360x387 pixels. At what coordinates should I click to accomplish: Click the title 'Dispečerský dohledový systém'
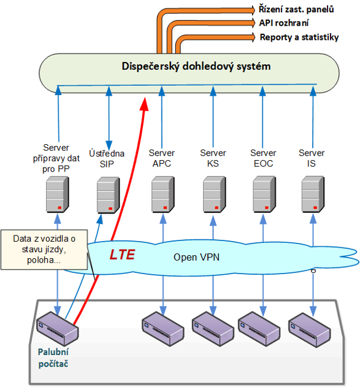[x=196, y=66]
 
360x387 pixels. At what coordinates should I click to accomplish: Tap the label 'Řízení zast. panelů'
[x=296, y=9]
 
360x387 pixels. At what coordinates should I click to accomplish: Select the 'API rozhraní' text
[x=283, y=23]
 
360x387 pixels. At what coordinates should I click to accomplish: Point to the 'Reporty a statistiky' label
[x=299, y=37]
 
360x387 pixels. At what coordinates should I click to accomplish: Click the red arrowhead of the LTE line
[x=144, y=104]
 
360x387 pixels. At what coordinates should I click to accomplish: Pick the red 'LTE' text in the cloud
[x=122, y=255]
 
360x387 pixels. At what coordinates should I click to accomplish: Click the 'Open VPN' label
[x=196, y=257]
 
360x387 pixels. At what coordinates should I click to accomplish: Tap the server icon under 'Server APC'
[x=163, y=194]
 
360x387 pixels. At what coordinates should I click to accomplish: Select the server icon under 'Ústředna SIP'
[x=108, y=195]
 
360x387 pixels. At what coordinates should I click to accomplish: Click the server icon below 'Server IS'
[x=313, y=194]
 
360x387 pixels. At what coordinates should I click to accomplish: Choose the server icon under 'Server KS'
[x=214, y=194]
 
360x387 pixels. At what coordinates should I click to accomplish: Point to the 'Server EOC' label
[x=263, y=158]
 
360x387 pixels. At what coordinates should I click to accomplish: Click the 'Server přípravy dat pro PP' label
[x=56, y=158]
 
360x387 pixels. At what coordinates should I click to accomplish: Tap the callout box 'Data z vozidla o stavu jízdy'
[x=44, y=250]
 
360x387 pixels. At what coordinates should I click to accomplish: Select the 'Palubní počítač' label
[x=53, y=358]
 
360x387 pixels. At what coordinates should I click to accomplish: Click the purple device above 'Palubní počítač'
[x=57, y=329]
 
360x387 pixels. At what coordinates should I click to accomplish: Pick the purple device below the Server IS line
[x=310, y=330]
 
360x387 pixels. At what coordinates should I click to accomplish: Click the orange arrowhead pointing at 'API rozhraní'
[x=253, y=23]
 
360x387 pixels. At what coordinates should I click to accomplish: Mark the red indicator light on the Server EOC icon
[x=267, y=207]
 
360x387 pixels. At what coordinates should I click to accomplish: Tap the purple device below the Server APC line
[x=163, y=329]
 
